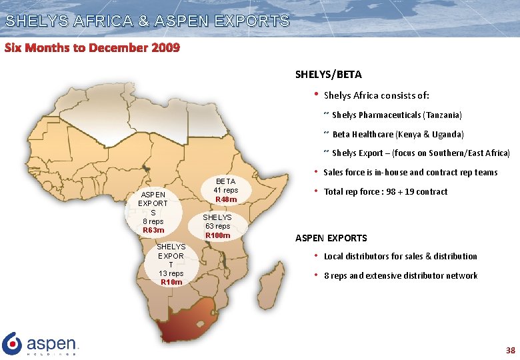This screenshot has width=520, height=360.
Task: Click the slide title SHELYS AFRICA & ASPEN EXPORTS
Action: click(x=147, y=21)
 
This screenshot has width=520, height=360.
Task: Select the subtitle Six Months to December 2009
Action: click(x=92, y=48)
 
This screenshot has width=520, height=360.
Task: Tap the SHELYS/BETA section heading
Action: click(x=328, y=75)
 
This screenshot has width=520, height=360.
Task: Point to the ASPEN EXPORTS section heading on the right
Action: click(x=331, y=237)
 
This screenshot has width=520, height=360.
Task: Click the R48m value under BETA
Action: click(x=225, y=199)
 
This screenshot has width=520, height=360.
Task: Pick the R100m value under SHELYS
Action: click(x=217, y=235)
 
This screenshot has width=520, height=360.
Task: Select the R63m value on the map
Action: click(x=153, y=230)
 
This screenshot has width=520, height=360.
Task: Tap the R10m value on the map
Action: click(x=171, y=282)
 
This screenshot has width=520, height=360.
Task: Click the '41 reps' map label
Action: click(x=225, y=190)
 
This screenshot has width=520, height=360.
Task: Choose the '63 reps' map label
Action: click(x=217, y=226)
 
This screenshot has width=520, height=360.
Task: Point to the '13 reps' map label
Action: click(x=171, y=273)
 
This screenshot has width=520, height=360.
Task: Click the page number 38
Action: click(x=510, y=350)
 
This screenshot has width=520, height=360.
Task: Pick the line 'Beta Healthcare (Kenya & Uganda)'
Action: click(x=397, y=134)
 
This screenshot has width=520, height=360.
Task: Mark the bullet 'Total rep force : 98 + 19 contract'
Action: click(x=385, y=192)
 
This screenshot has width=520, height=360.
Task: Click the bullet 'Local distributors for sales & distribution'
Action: click(x=400, y=257)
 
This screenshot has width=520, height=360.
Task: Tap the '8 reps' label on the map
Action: click(x=153, y=221)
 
